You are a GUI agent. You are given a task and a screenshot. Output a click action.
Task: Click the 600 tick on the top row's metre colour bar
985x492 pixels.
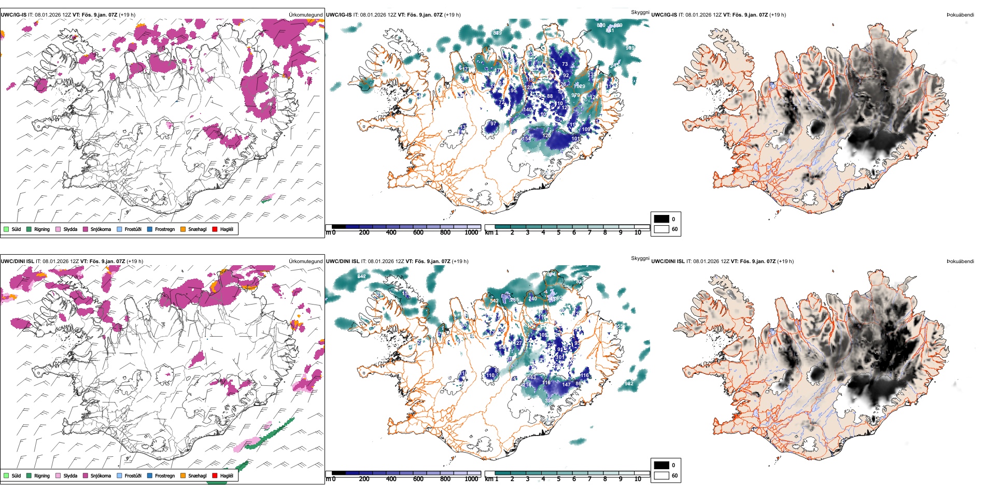click(418, 233)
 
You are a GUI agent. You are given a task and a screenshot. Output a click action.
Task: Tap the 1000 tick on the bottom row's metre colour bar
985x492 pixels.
click(471, 479)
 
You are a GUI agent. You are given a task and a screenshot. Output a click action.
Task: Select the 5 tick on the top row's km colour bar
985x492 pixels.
click(558, 233)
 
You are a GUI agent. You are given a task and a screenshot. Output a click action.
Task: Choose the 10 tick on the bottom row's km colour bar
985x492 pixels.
click(638, 479)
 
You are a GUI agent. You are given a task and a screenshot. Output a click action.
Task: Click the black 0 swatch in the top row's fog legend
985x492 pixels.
click(662, 219)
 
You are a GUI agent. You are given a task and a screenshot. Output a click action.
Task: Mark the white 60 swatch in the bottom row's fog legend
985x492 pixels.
click(662, 475)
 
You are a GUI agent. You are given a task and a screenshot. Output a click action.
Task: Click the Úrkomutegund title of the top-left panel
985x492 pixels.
click(305, 15)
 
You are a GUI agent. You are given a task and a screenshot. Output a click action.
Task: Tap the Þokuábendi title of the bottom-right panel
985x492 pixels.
click(960, 262)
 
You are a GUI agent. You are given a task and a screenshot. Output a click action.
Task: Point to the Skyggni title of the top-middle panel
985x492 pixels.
click(640, 12)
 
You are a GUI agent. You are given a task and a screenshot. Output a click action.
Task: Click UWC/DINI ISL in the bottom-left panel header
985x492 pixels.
click(17, 262)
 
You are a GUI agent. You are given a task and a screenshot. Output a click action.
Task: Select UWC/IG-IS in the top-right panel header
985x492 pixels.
click(664, 15)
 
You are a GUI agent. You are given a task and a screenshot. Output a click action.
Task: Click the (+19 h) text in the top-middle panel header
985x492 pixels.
click(452, 15)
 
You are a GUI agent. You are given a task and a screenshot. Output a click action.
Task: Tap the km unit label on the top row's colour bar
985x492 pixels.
click(488, 233)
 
